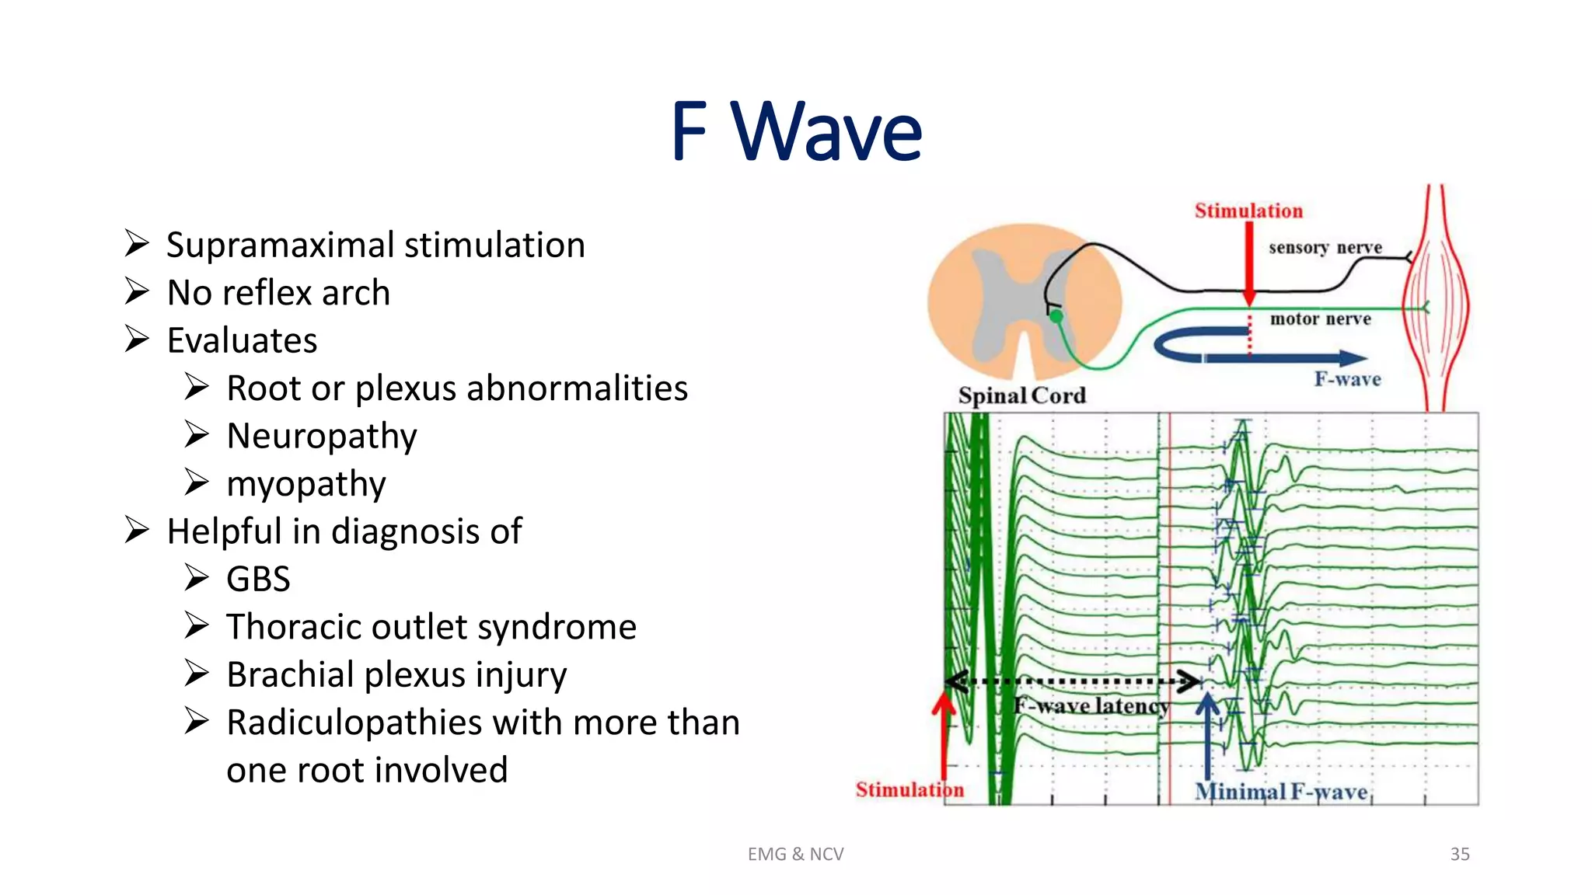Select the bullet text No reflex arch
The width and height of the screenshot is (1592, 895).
[278, 293]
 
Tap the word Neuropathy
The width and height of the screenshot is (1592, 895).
[322, 436]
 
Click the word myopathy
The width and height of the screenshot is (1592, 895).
[306, 484]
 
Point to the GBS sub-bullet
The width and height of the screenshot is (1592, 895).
[258, 580]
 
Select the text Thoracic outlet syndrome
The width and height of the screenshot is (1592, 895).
[431, 627]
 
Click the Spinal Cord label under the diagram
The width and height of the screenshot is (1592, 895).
[1021, 395]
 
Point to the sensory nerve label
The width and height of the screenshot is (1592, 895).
[1325, 247]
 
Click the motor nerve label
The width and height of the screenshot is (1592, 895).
[1320, 319]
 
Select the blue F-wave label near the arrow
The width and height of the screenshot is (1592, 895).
[1347, 379]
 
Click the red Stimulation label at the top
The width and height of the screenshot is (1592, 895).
[1248, 211]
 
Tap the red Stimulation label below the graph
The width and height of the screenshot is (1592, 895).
[909, 789]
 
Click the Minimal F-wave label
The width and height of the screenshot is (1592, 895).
[1280, 792]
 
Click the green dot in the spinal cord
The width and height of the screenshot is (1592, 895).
[1056, 316]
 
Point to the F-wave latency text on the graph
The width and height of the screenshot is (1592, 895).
[1091, 705]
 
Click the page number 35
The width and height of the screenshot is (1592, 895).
[1459, 854]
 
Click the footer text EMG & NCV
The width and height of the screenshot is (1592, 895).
[795, 854]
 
